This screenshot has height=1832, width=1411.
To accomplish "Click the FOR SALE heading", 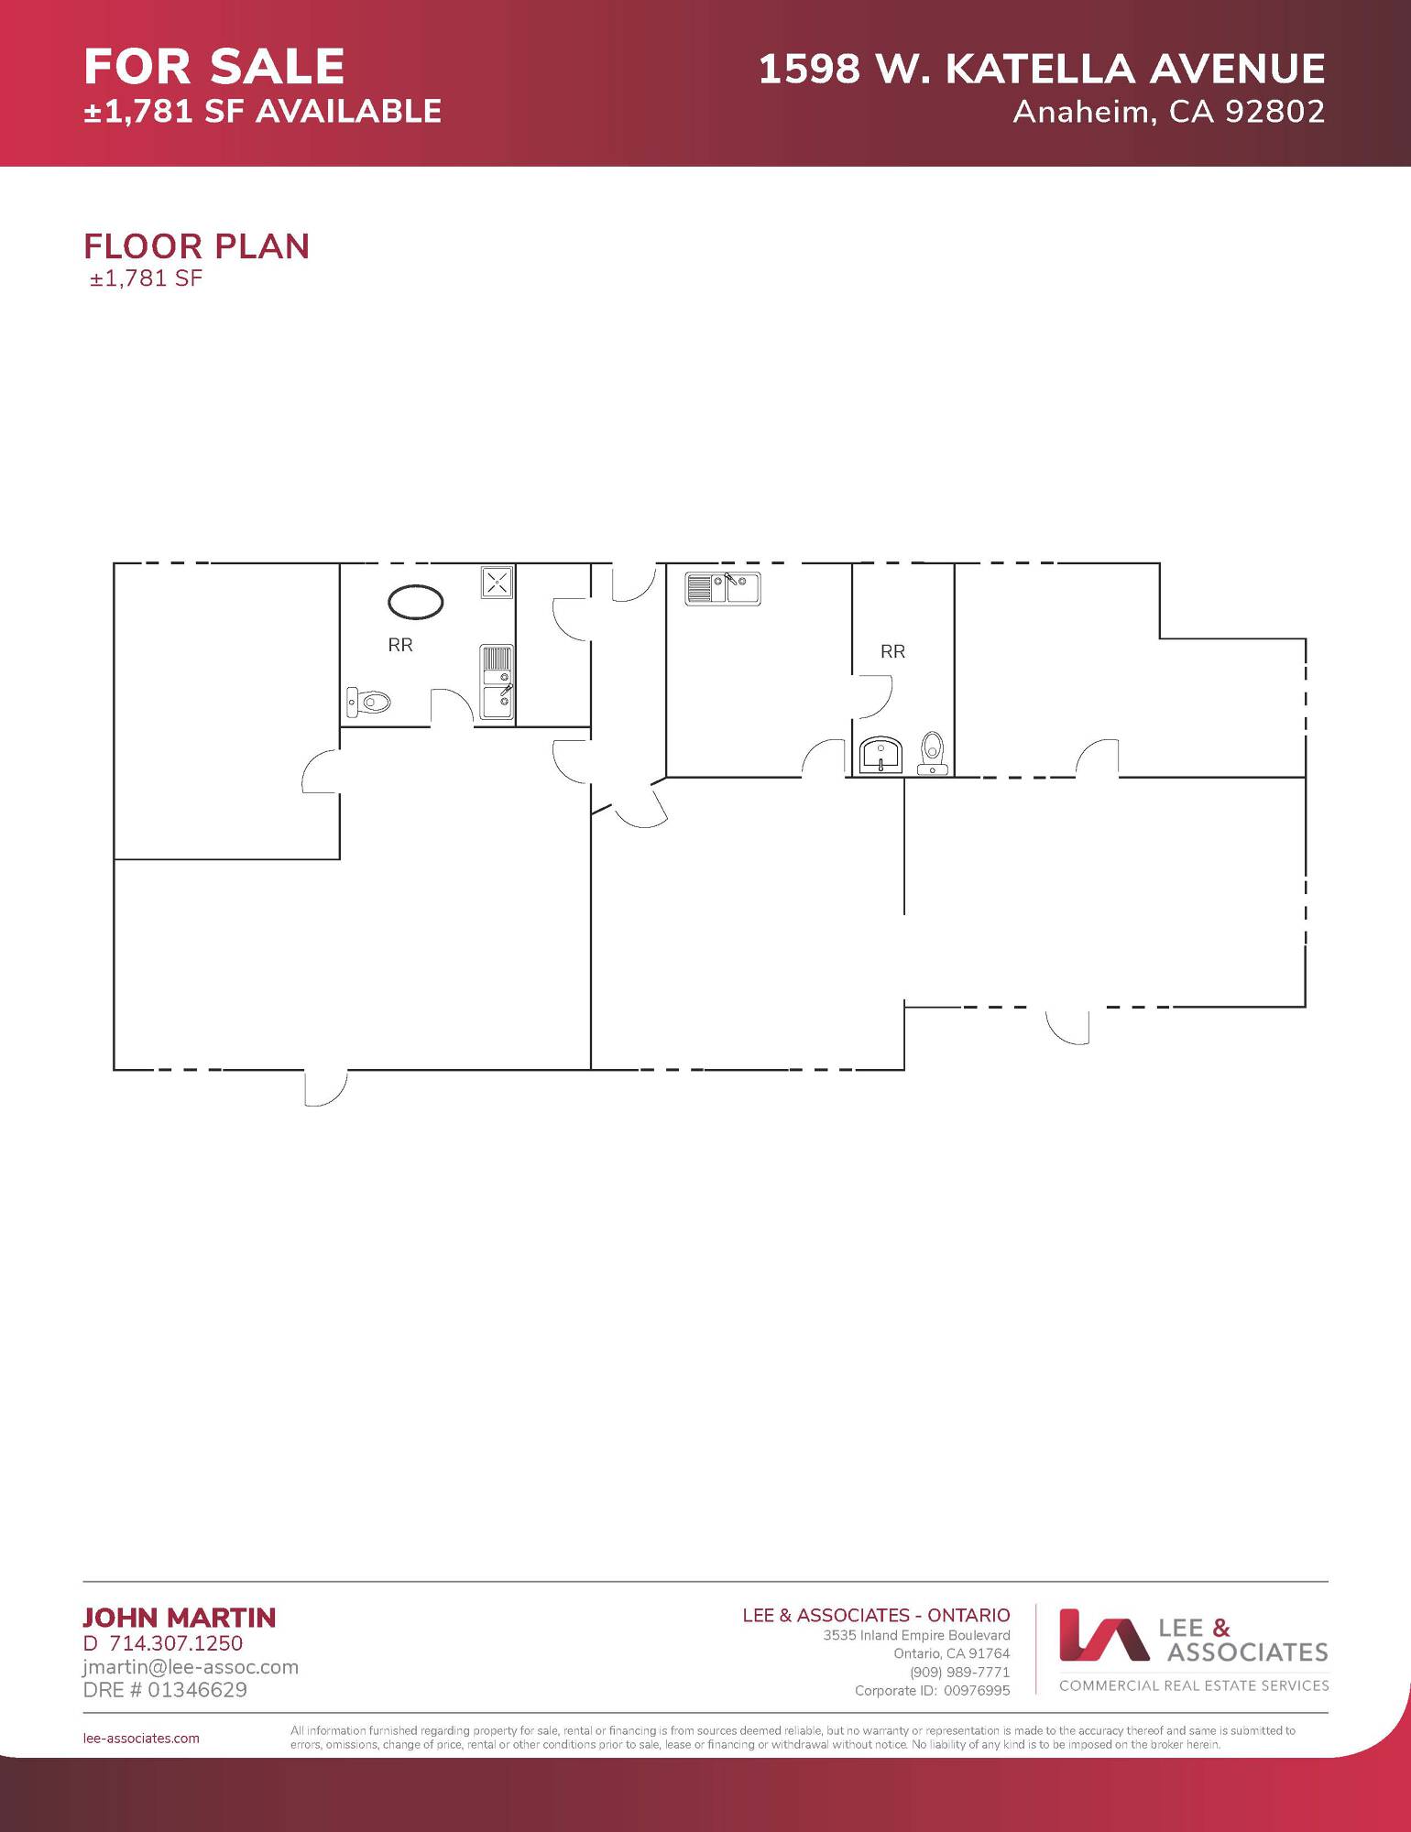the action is click(214, 67).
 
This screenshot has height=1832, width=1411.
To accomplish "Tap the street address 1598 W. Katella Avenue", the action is click(1042, 69).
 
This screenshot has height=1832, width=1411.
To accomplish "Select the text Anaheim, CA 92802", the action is click(1169, 112).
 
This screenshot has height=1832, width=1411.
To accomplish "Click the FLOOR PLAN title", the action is click(197, 246).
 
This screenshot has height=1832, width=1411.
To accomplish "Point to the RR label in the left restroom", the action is click(400, 645).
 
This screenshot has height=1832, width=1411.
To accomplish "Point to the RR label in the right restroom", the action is click(892, 651).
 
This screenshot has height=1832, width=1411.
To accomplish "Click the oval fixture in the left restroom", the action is click(416, 602).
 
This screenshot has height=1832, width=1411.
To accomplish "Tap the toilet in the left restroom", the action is click(368, 703).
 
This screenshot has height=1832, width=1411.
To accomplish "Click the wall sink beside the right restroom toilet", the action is click(881, 756).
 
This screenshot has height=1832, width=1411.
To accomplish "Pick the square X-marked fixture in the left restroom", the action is click(497, 582).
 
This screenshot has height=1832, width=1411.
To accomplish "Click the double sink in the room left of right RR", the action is click(723, 588).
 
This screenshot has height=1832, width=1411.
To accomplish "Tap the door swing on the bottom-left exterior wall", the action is click(325, 1087).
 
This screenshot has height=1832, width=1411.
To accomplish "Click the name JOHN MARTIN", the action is click(180, 1618).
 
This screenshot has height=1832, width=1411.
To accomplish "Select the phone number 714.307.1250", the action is click(176, 1643).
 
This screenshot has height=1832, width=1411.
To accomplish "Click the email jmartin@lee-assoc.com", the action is click(191, 1667).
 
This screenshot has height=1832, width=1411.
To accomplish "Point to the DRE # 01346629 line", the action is click(165, 1690).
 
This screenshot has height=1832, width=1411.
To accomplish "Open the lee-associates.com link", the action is click(141, 1739).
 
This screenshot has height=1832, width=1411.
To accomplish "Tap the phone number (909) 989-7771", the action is click(960, 1673).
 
